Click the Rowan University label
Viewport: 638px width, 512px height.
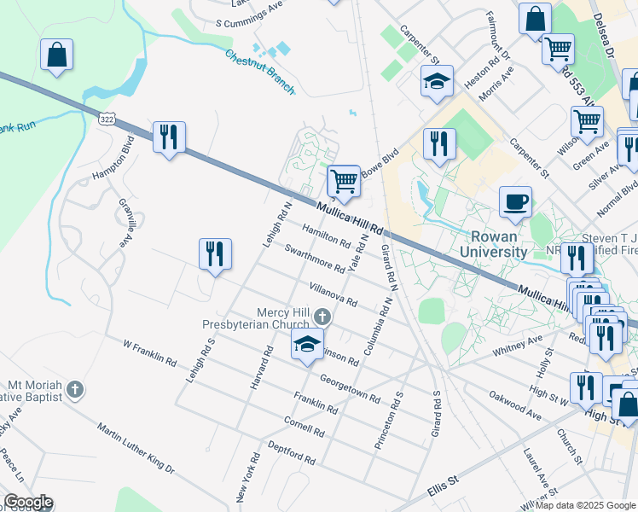(493, 244)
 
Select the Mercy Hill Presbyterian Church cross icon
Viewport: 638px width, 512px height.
(322, 317)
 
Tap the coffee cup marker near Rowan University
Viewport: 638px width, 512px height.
(515, 202)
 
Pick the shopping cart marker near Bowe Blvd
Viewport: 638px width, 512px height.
(344, 181)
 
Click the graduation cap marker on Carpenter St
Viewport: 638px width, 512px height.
(437, 82)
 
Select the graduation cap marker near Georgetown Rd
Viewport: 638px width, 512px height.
(308, 345)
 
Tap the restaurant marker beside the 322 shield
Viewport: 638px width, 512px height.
(169, 137)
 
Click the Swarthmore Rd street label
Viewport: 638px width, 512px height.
(315, 259)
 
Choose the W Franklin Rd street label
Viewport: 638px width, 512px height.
(149, 354)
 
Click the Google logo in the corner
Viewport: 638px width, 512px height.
(27, 502)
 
